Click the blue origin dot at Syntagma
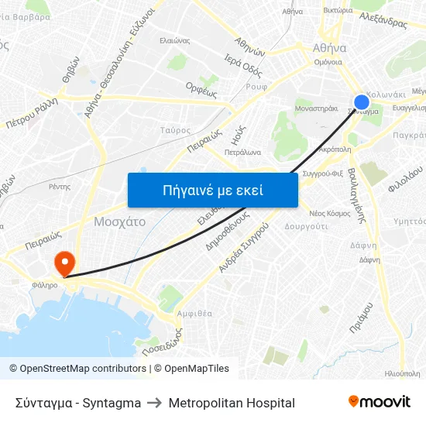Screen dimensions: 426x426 (x=362, y=102)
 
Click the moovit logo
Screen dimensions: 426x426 (x=380, y=402)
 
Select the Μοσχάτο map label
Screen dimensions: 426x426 (x=119, y=221)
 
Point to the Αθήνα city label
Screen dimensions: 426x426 (x=328, y=47)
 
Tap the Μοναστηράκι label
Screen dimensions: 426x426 (x=317, y=109)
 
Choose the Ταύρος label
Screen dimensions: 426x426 (x=174, y=130)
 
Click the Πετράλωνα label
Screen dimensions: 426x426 (x=242, y=152)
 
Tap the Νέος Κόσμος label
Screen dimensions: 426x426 (x=330, y=212)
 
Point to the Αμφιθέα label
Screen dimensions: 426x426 (x=194, y=314)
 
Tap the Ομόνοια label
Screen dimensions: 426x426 (x=328, y=63)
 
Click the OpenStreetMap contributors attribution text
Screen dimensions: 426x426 (x=77, y=369)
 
